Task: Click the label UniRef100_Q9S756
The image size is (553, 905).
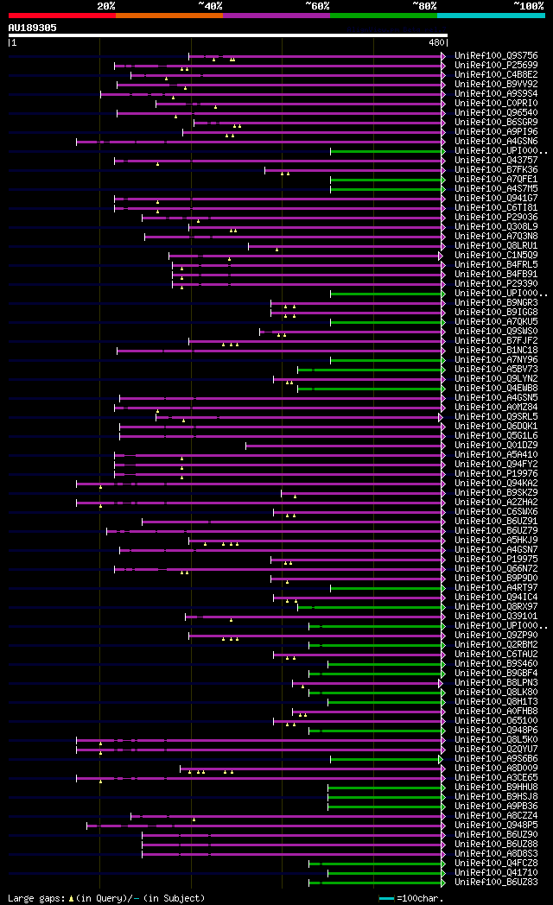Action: pos(489,55)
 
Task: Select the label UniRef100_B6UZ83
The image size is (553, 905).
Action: pos(489,882)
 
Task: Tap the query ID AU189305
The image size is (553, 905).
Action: pos(33,28)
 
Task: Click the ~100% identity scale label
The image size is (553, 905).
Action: pos(527,6)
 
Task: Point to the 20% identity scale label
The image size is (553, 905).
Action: pos(106,6)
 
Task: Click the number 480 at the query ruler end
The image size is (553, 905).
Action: pos(435,41)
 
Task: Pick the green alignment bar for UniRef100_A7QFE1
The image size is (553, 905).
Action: pos(385,179)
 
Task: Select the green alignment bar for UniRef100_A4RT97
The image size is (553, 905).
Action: pos(385,587)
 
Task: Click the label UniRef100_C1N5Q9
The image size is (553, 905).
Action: pos(489,255)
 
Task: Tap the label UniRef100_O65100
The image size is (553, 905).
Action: pos(489,720)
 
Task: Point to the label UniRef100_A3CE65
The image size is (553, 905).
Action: pos(489,777)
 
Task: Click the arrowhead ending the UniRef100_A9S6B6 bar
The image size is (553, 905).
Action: pos(443,758)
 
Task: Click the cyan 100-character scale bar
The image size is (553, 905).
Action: pos(386,898)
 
